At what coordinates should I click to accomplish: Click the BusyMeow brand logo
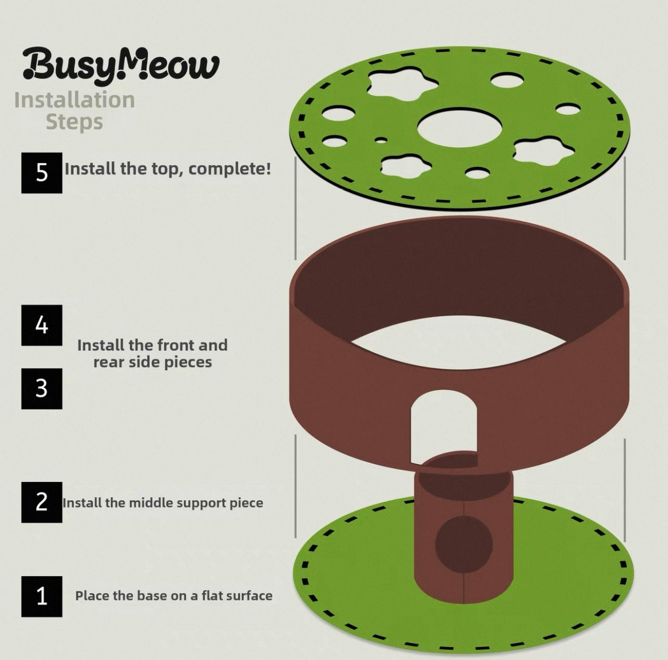click(x=121, y=65)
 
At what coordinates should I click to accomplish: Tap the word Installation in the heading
click(x=74, y=100)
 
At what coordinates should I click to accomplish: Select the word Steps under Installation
click(x=74, y=122)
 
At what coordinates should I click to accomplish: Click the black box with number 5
click(x=42, y=173)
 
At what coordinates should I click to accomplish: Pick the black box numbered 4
click(x=42, y=325)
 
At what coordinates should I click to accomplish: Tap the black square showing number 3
click(x=42, y=389)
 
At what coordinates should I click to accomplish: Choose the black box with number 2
click(x=42, y=502)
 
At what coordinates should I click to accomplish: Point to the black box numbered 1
click(x=42, y=596)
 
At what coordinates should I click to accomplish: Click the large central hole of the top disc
click(x=460, y=126)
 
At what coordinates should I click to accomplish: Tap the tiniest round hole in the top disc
click(x=381, y=140)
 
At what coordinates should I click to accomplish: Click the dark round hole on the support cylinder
click(x=464, y=544)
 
